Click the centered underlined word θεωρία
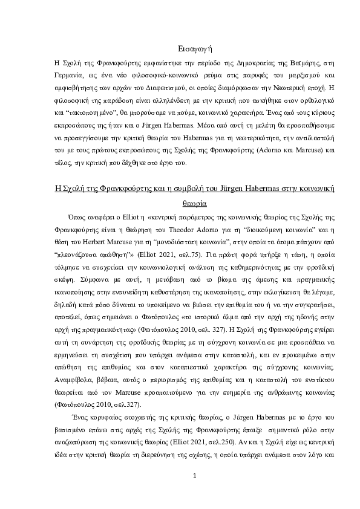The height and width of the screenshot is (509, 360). tap(195, 204)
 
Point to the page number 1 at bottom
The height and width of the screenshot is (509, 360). tap(195, 476)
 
